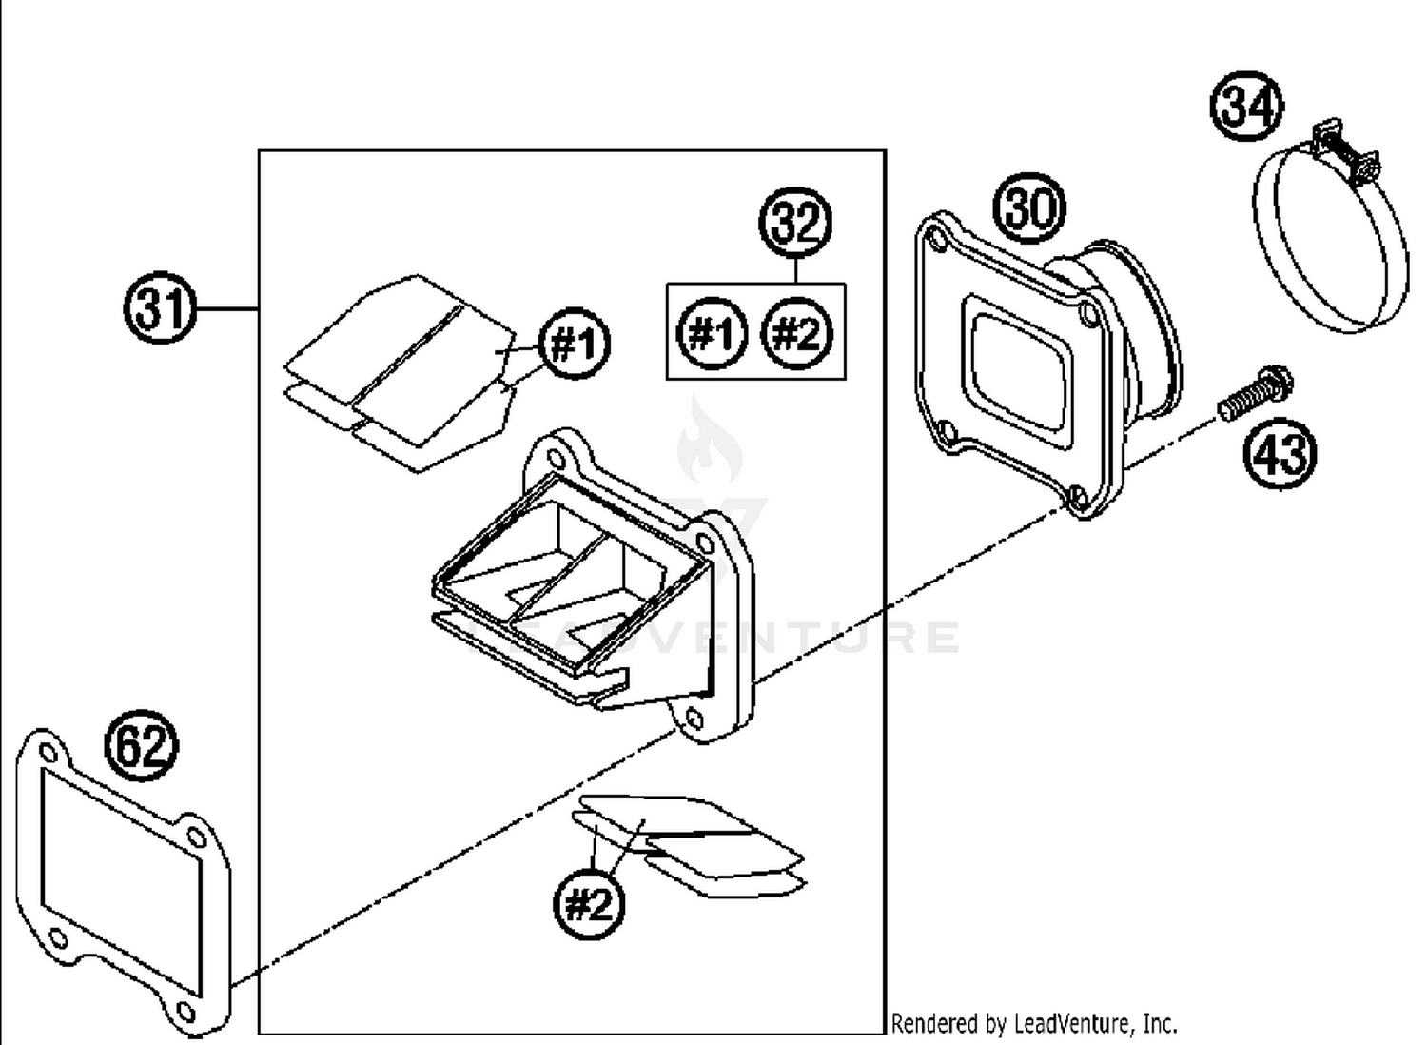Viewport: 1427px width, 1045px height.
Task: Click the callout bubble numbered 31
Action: tap(160, 309)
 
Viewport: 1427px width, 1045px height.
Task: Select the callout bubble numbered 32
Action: tap(795, 223)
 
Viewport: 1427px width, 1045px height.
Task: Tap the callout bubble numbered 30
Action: tap(1029, 207)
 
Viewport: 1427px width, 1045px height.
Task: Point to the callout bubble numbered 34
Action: tap(1246, 105)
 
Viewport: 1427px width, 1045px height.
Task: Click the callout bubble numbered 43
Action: tap(1280, 452)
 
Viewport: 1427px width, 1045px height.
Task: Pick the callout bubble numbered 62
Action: tap(141, 745)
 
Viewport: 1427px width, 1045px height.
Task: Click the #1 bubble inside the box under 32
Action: tap(712, 334)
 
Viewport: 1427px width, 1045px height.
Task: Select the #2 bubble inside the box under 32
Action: tap(797, 334)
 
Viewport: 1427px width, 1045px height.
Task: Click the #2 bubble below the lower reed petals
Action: tap(589, 902)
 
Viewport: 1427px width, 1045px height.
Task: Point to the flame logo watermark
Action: tap(709, 443)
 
